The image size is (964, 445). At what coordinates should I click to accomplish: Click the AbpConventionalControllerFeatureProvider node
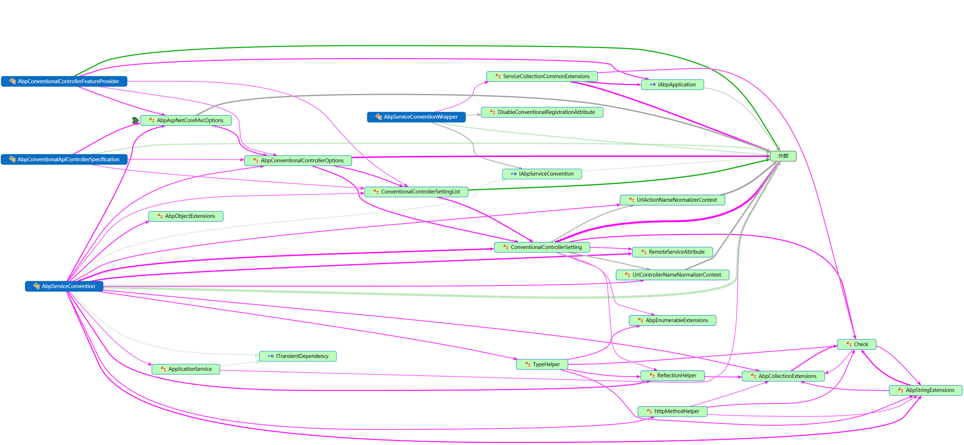click(64, 82)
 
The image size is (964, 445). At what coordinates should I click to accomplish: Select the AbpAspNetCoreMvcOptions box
click(186, 120)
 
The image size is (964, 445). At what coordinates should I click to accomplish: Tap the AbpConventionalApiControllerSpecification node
click(64, 160)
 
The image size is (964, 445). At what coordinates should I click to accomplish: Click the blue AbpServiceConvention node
click(64, 286)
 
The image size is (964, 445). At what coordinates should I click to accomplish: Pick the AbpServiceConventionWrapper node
click(416, 117)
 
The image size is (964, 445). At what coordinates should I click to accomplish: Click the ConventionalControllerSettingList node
click(416, 192)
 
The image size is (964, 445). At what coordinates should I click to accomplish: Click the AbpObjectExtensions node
click(186, 216)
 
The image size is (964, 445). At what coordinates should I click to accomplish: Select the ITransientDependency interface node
click(298, 356)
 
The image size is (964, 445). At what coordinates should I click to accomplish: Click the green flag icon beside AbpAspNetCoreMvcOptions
click(135, 120)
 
